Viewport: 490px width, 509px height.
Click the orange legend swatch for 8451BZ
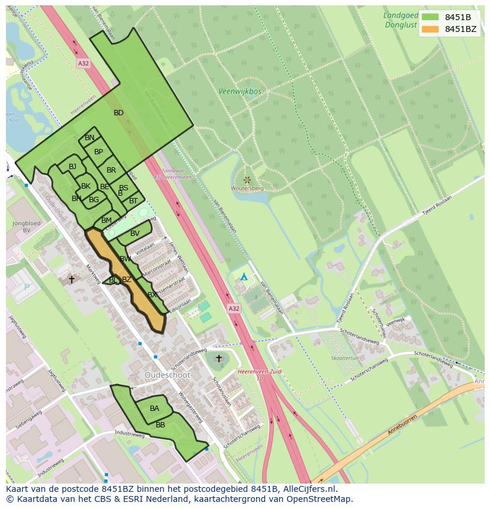(x=431, y=29)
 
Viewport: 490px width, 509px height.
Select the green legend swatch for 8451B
(x=431, y=17)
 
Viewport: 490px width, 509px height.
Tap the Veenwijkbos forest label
(x=239, y=92)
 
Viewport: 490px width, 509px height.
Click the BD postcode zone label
(x=118, y=112)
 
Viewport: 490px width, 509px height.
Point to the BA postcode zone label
(x=154, y=408)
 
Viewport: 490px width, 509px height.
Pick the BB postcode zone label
(x=160, y=424)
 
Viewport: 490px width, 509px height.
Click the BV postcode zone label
(x=135, y=234)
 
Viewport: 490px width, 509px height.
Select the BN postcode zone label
(x=89, y=138)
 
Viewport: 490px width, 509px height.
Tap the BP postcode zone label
(x=99, y=152)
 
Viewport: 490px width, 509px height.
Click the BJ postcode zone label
(x=72, y=167)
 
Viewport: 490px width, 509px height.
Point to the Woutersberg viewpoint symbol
(x=247, y=180)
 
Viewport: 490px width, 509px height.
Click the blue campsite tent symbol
(x=244, y=276)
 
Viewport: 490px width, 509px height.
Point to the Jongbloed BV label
(x=25, y=226)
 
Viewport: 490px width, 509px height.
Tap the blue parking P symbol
(x=25, y=287)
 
